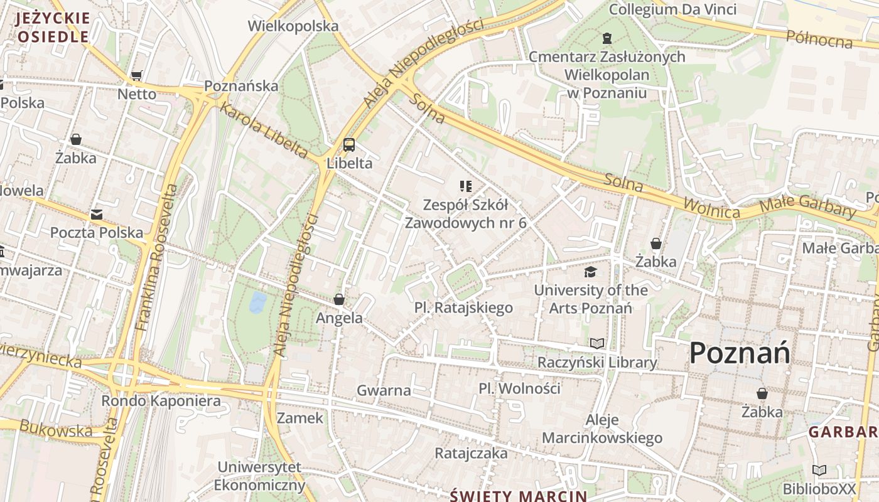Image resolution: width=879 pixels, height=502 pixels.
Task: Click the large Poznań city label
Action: tap(740, 353)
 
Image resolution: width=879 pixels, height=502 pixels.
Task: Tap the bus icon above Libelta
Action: tap(349, 145)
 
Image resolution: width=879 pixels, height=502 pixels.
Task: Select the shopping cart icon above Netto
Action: tap(136, 76)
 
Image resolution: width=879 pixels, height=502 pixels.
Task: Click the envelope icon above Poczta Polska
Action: tap(96, 215)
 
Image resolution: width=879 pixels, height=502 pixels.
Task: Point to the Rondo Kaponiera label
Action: tap(161, 400)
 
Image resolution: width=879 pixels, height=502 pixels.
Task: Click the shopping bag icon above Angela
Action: tap(339, 299)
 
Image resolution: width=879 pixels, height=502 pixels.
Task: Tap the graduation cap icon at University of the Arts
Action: tap(590, 272)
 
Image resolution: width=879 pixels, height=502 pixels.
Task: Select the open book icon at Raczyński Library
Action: tap(597, 343)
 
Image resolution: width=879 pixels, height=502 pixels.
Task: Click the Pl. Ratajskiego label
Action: tap(463, 307)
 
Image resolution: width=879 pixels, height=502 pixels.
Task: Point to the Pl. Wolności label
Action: tap(519, 388)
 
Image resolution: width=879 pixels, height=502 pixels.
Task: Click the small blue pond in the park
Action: tap(257, 302)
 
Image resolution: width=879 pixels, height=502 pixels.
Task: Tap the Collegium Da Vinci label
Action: tap(672, 9)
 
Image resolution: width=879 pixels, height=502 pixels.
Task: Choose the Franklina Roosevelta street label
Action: tap(158, 257)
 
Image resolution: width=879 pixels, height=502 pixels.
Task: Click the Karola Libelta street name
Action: tap(263, 130)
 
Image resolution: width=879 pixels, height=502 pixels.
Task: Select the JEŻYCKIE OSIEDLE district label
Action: tap(53, 27)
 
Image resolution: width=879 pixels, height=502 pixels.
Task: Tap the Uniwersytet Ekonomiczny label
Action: tap(259, 476)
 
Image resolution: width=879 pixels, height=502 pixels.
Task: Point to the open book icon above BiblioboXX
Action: tap(819, 470)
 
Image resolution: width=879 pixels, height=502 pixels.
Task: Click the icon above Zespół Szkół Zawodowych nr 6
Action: tap(465, 186)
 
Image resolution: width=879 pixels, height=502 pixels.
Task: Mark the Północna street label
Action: tap(819, 39)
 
